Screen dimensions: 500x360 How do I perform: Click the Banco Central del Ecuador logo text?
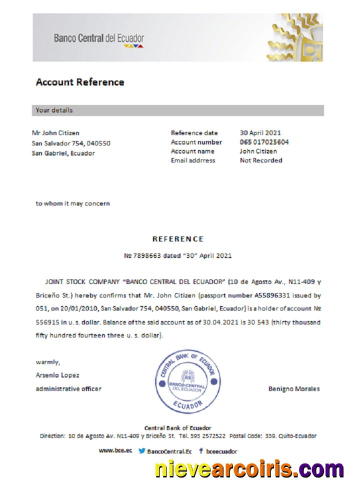click(x=99, y=38)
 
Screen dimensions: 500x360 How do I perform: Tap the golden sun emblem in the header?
click(x=295, y=37)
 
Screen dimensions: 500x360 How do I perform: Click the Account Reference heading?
click(x=80, y=82)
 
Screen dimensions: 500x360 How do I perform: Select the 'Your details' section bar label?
click(x=54, y=110)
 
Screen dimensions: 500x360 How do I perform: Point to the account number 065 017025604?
click(x=264, y=142)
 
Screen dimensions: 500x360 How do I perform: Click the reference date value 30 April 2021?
click(x=260, y=133)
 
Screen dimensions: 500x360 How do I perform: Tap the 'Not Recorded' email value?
click(x=261, y=160)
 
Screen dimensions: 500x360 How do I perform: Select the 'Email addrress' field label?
click(x=193, y=160)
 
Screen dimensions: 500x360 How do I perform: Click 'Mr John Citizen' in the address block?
click(x=55, y=133)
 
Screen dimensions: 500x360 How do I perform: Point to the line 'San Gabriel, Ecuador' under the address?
click(x=63, y=153)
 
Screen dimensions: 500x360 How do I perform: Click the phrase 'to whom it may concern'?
click(x=72, y=203)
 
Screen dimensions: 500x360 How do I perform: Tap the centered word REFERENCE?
click(x=178, y=239)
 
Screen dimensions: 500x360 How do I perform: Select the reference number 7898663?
click(x=146, y=255)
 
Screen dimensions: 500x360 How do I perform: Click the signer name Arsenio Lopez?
click(x=57, y=375)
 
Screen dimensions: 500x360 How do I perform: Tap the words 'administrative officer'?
click(x=68, y=389)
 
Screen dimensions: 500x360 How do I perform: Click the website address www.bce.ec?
click(x=115, y=450)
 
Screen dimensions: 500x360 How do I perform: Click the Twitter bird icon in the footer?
click(x=142, y=451)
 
